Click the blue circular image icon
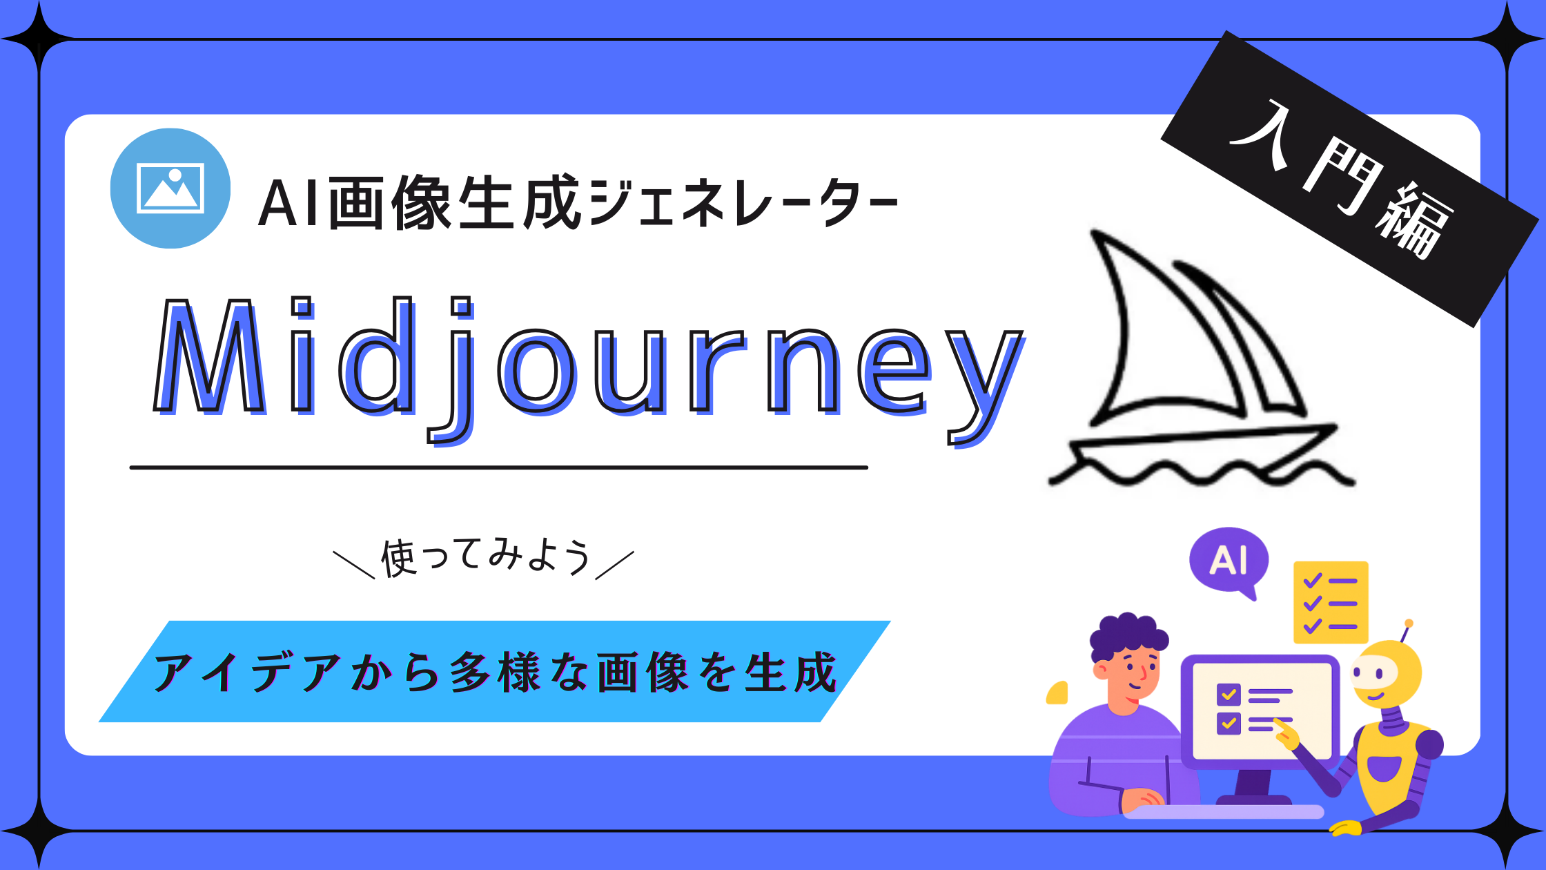pyautogui.click(x=170, y=188)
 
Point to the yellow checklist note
pyautogui.click(x=1331, y=602)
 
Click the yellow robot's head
pyautogui.click(x=1386, y=673)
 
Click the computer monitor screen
pyautogui.click(x=1262, y=711)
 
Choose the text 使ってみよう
pyautogui.click(x=485, y=557)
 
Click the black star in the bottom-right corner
pyautogui.click(x=1507, y=831)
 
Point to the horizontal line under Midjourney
pyautogui.click(x=498, y=467)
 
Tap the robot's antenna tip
pyautogui.click(x=1409, y=623)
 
